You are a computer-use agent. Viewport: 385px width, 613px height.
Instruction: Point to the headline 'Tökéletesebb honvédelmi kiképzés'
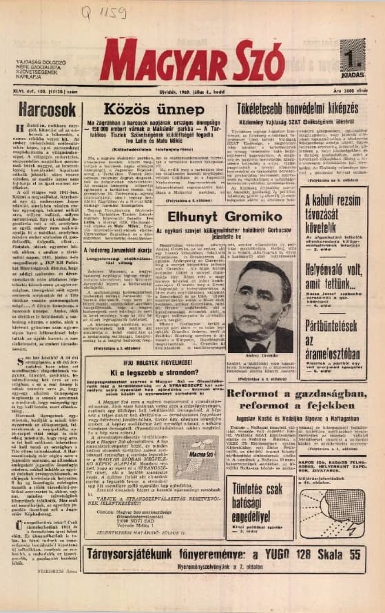point(300,109)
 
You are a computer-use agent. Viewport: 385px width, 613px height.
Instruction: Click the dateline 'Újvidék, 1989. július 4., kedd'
point(194,89)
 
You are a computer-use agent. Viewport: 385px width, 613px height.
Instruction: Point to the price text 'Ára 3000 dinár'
point(355,90)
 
